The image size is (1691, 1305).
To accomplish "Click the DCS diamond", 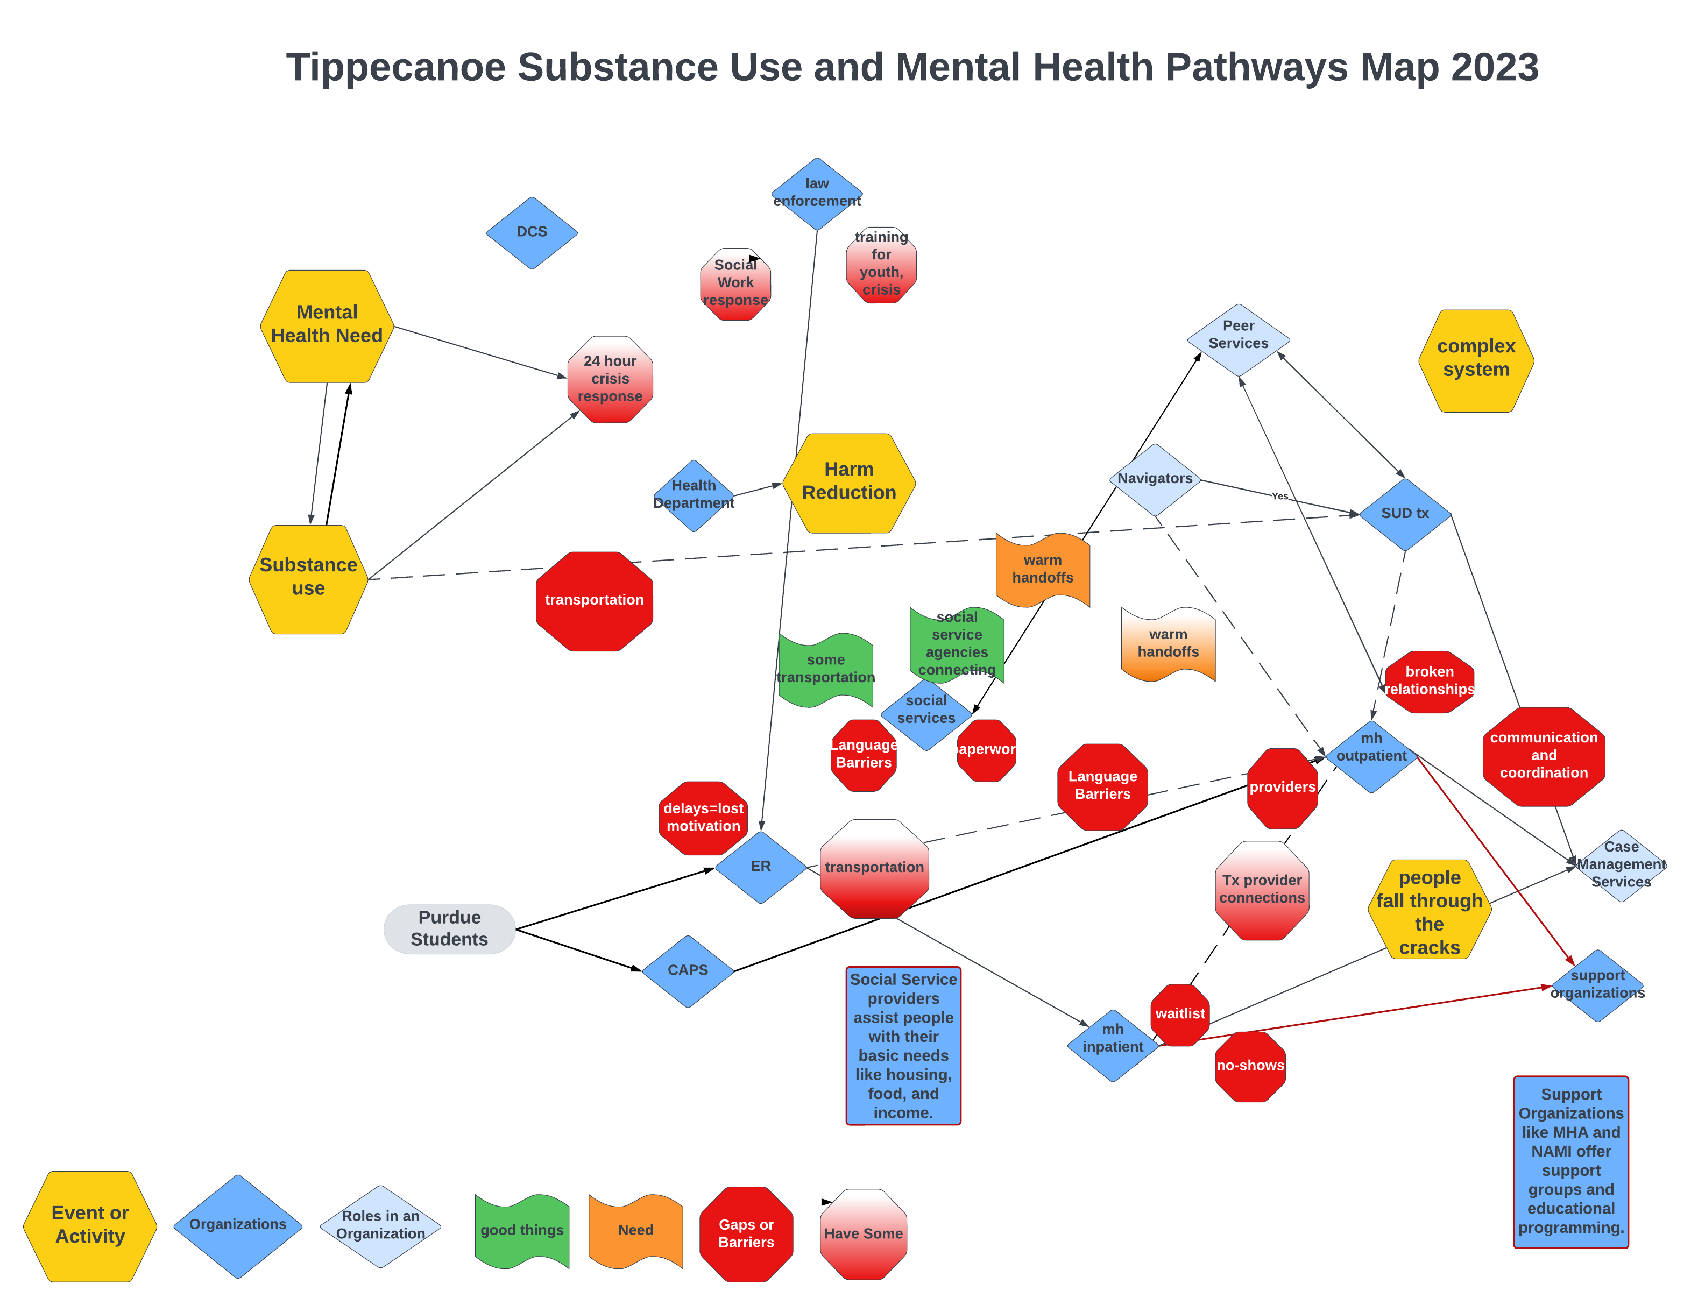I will coord(532,232).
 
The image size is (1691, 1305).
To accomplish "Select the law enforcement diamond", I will coord(817,193).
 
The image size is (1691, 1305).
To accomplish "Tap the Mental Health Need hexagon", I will coord(327,325).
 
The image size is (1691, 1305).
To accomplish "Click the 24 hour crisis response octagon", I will coord(610,379).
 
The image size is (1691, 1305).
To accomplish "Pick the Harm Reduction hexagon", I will coord(848,481).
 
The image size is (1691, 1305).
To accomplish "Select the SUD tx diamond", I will coord(1405,513).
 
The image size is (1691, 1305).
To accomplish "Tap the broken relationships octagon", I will coord(1430,681).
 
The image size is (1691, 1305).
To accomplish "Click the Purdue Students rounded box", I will coord(449,928).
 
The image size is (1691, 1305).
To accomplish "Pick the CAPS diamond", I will coord(688,970).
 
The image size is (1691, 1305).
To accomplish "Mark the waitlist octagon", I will coord(1180,1013).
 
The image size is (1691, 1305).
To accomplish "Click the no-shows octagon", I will coord(1250,1066).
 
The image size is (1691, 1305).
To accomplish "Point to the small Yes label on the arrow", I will coord(1280,496).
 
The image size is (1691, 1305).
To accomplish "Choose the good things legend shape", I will coord(522,1230).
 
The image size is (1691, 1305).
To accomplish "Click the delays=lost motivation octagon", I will coord(703,817).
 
